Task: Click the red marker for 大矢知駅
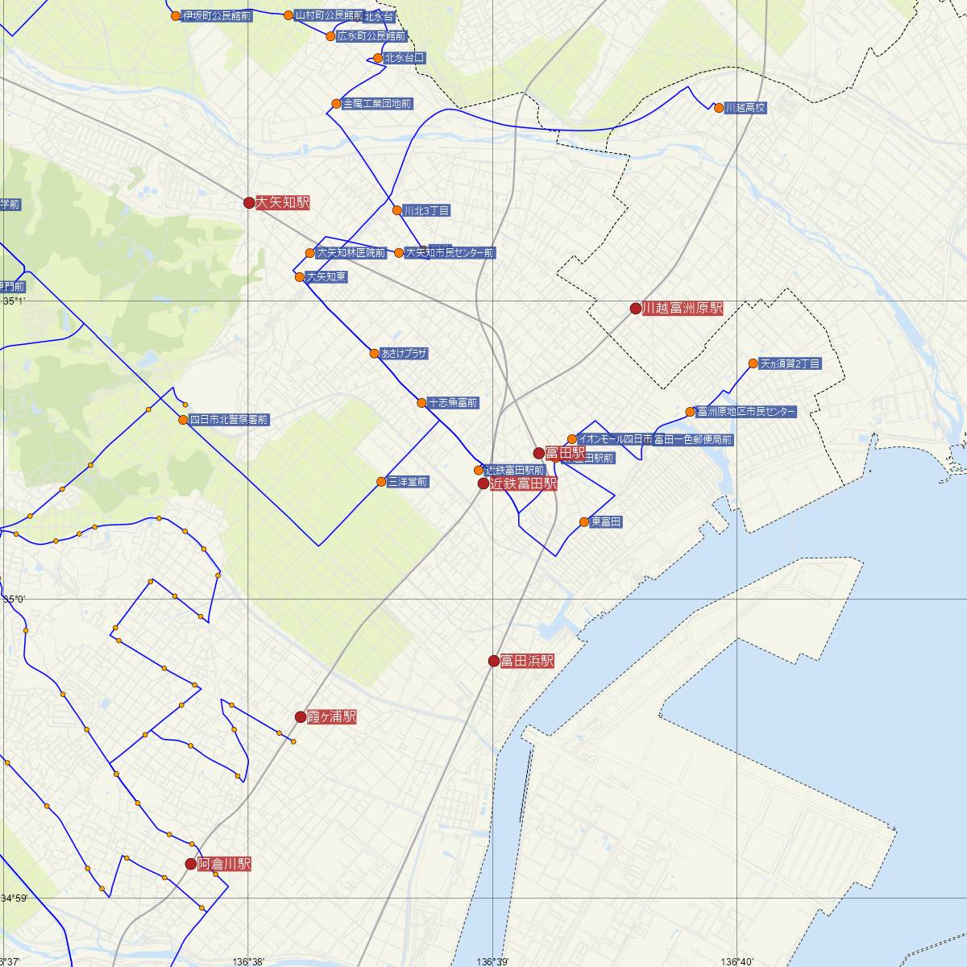coord(249,203)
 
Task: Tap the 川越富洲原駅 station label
coord(683,309)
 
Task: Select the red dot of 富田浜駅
coord(494,662)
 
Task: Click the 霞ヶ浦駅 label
coord(331,717)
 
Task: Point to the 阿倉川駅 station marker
coord(191,864)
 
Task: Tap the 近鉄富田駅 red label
coord(523,484)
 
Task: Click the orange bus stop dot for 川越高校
coord(719,108)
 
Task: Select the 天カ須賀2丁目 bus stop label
coord(790,364)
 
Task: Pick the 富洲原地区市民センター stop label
coord(745,413)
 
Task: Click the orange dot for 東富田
coord(584,522)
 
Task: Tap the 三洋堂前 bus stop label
coord(408,483)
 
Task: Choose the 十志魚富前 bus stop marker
coord(421,403)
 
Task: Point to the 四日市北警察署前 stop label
coord(229,420)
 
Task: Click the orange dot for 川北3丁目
coord(396,211)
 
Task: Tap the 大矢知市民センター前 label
coord(450,253)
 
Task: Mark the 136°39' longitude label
coord(493,961)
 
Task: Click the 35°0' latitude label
coord(15,600)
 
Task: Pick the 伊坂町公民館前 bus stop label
coord(217,16)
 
